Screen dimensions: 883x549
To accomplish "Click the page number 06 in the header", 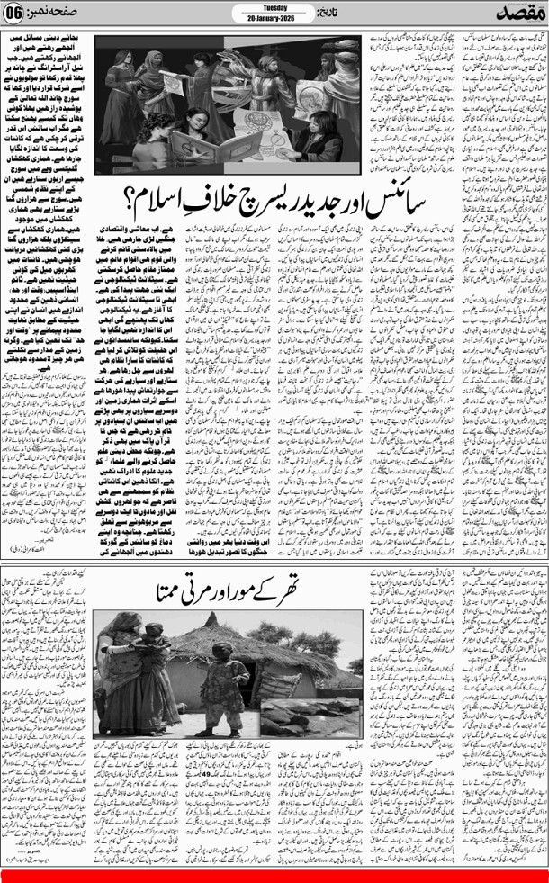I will pos(18,14).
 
